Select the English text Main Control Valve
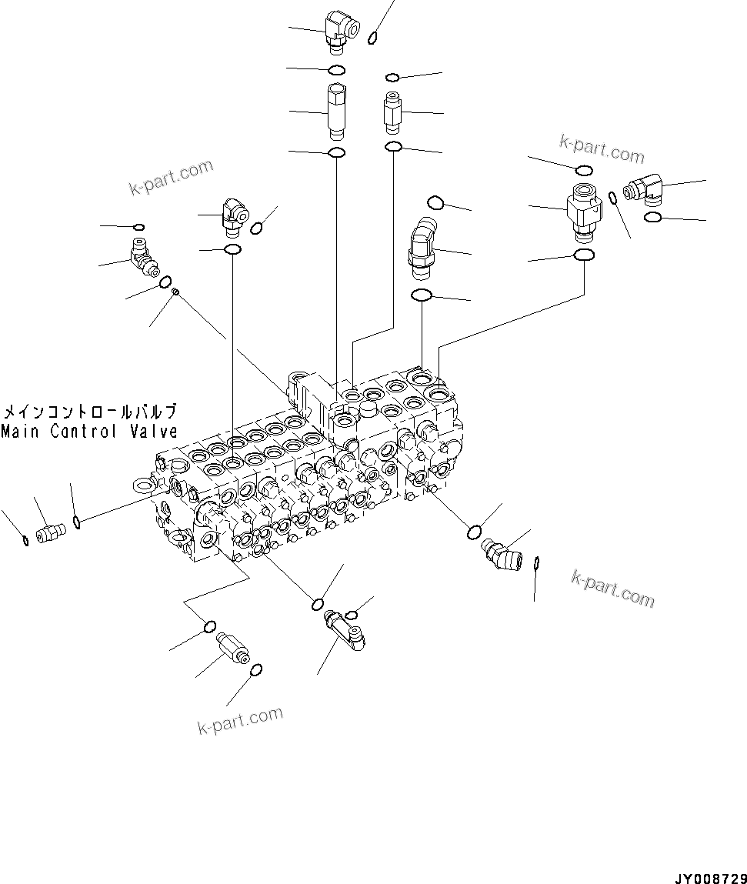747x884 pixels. click(x=89, y=432)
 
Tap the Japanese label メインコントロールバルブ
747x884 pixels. click(x=89, y=411)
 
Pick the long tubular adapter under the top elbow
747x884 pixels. click(x=336, y=112)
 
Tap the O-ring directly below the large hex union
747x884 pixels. click(x=584, y=255)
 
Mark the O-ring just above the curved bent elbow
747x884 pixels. click(x=435, y=202)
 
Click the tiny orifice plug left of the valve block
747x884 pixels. click(x=175, y=292)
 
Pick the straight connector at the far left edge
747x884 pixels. click(x=50, y=532)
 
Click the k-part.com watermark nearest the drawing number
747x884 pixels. click(x=612, y=589)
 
